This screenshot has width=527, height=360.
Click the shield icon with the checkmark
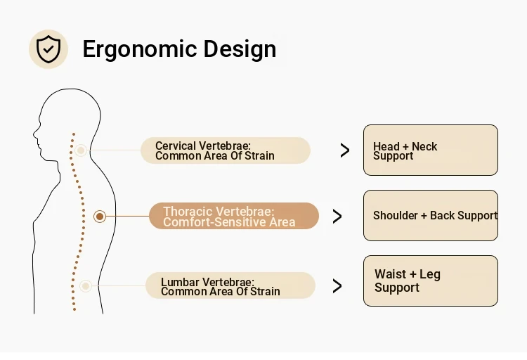[x=48, y=49]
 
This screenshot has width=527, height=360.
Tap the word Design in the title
[x=240, y=49]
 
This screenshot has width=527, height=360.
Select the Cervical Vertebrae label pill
[x=225, y=150]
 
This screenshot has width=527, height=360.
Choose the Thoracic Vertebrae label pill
[x=234, y=216]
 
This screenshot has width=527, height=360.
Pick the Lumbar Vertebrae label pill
[x=230, y=285]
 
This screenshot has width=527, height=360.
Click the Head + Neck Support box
[x=431, y=150]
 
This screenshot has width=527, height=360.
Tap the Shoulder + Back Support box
[x=431, y=215]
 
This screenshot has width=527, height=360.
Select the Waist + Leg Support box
[x=431, y=281]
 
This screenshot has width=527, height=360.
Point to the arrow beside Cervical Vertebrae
[x=345, y=150]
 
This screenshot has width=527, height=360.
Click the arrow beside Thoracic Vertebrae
[x=337, y=217]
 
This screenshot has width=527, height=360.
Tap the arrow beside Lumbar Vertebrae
[x=337, y=286]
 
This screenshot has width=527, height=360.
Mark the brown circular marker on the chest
[x=100, y=217]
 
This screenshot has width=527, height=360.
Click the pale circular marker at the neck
[x=81, y=150]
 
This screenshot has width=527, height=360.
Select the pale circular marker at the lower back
[x=86, y=286]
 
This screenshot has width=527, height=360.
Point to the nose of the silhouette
[x=34, y=134]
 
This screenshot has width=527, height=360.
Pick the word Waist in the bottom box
[x=390, y=274]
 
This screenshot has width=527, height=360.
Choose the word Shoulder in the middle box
[x=395, y=215]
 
